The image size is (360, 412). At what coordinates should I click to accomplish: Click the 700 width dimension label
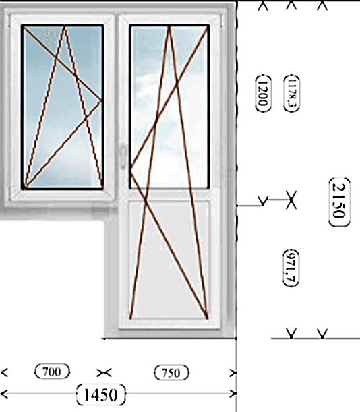53,372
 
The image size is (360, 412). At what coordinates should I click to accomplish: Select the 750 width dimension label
171,373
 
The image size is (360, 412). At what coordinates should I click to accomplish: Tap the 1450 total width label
101,394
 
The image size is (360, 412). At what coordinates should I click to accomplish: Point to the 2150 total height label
339,202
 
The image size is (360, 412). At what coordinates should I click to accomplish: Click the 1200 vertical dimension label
264,93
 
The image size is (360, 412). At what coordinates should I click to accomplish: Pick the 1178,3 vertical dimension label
292,93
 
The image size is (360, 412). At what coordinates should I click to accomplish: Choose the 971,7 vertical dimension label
291,268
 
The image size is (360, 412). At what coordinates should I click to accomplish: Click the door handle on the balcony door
123,156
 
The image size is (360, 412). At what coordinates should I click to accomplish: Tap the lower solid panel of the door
169,260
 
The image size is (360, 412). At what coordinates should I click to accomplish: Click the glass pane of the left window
63,107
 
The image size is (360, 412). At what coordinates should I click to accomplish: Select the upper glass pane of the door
169,107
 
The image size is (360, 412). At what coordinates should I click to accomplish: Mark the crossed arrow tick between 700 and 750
104,373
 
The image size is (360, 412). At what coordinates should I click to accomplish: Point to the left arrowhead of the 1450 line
4,394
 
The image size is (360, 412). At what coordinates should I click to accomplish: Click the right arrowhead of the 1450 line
233,394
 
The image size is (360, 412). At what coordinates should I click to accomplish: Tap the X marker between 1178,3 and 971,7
291,200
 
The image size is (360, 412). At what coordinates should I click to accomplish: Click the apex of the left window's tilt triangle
64,26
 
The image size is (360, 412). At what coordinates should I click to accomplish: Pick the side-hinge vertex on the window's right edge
101,100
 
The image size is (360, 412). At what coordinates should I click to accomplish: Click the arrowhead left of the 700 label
4,372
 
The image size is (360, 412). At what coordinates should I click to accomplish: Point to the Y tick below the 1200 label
263,201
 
